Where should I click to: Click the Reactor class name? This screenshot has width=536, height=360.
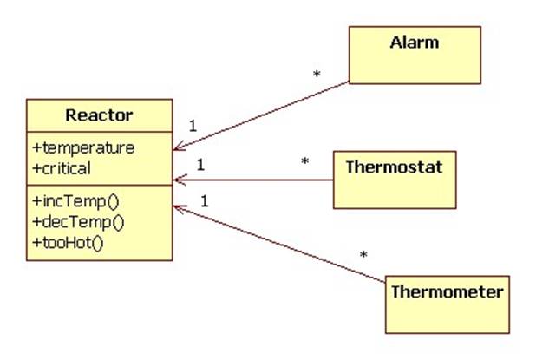[99, 115]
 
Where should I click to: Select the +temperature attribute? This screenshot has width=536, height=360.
[83, 147]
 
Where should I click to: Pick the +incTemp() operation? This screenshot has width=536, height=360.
[77, 202]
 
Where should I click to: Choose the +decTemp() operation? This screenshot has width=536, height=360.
[79, 221]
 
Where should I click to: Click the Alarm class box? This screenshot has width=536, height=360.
[414, 55]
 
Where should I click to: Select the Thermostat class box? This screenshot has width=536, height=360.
[394, 179]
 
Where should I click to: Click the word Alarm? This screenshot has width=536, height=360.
[414, 42]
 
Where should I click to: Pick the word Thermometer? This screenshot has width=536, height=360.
[447, 291]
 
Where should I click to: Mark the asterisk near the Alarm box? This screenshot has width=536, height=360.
[317, 75]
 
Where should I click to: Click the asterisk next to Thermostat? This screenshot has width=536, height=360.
[304, 161]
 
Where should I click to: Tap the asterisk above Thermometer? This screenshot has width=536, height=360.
[363, 255]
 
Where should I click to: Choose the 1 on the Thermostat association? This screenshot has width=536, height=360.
[200, 164]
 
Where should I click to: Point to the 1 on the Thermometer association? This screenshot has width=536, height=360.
[205, 201]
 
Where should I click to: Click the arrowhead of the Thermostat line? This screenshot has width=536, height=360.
[178, 180]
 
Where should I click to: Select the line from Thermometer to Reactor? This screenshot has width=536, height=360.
[278, 244]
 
